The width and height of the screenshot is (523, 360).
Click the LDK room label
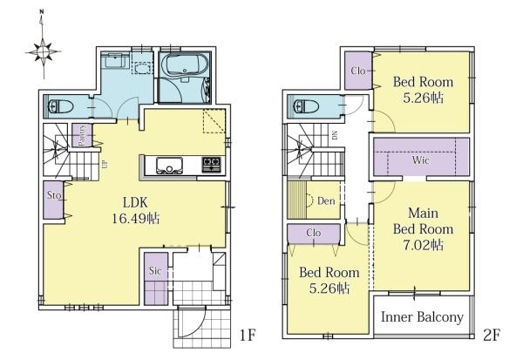[135, 202]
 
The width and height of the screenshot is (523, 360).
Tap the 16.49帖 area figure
[135, 219]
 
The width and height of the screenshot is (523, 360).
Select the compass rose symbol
[43, 51]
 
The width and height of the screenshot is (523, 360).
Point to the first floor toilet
[61, 106]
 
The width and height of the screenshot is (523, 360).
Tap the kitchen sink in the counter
[170, 166]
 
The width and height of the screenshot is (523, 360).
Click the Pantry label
[81, 135]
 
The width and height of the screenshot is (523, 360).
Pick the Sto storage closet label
[54, 195]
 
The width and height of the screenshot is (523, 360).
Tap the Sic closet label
[155, 270]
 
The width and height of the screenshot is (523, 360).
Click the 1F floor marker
[248, 335]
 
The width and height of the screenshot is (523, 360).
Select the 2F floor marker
[492, 335]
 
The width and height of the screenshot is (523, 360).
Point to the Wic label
[420, 160]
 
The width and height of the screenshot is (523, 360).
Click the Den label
[326, 200]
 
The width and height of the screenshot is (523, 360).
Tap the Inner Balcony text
[422, 317]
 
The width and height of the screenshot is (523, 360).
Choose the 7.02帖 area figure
[423, 245]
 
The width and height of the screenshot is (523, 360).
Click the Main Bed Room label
[423, 221]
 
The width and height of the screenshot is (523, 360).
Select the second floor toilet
[306, 106]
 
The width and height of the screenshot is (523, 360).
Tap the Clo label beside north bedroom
[358, 71]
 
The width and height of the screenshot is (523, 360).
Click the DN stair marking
[335, 135]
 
